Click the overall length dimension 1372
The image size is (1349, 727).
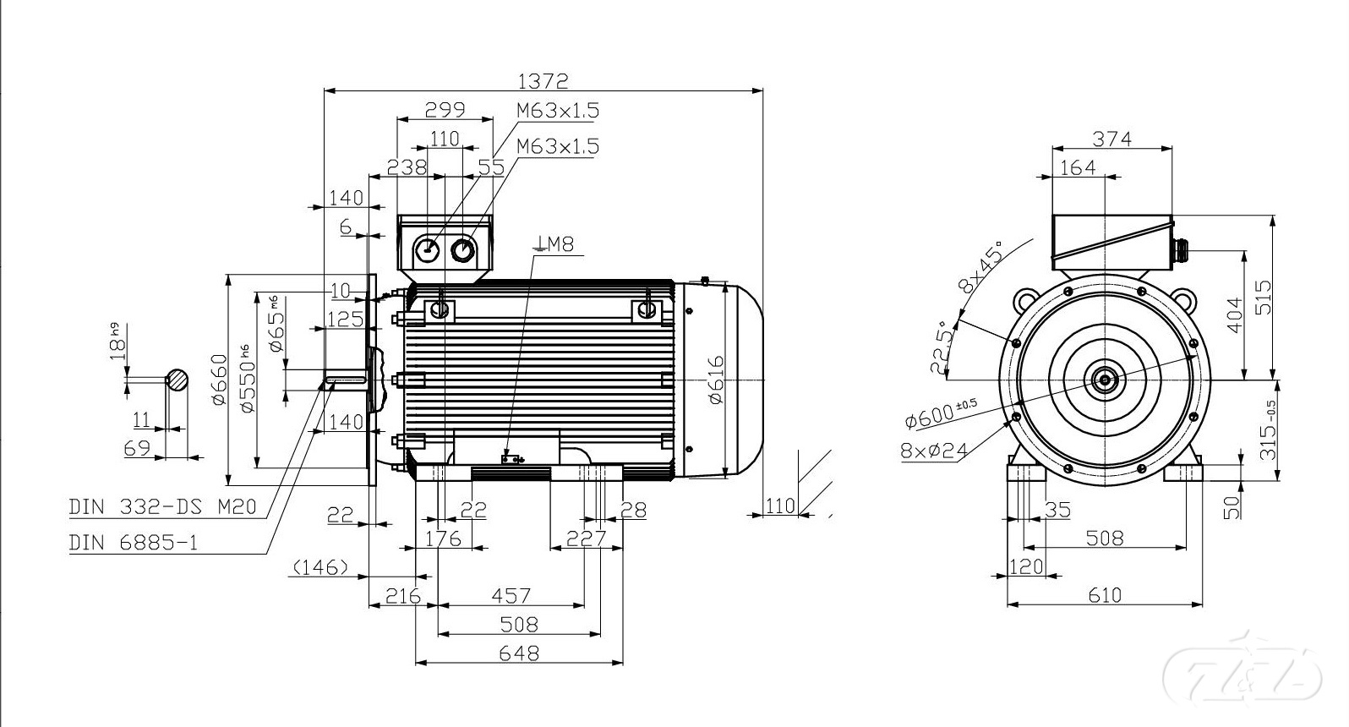pos(543,81)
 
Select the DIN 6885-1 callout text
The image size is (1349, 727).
pos(133,542)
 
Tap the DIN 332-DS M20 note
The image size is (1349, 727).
pos(162,507)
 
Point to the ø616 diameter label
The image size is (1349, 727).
pos(716,380)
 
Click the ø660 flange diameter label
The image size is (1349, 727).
pos(219,380)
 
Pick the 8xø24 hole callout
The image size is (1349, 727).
pos(933,450)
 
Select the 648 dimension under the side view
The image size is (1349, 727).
pos(519,653)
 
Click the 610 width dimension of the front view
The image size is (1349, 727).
pos(1105,595)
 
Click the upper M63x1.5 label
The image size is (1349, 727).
pos(558,110)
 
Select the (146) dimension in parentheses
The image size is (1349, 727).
pos(319,567)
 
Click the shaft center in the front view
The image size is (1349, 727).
pos(1105,380)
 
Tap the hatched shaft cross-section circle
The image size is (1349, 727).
pos(177,380)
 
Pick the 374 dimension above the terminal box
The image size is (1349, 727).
pos(1111,139)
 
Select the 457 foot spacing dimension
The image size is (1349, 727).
pos(511,596)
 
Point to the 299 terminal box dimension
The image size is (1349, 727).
pos(445,110)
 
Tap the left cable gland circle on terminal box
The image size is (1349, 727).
pos(428,249)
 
